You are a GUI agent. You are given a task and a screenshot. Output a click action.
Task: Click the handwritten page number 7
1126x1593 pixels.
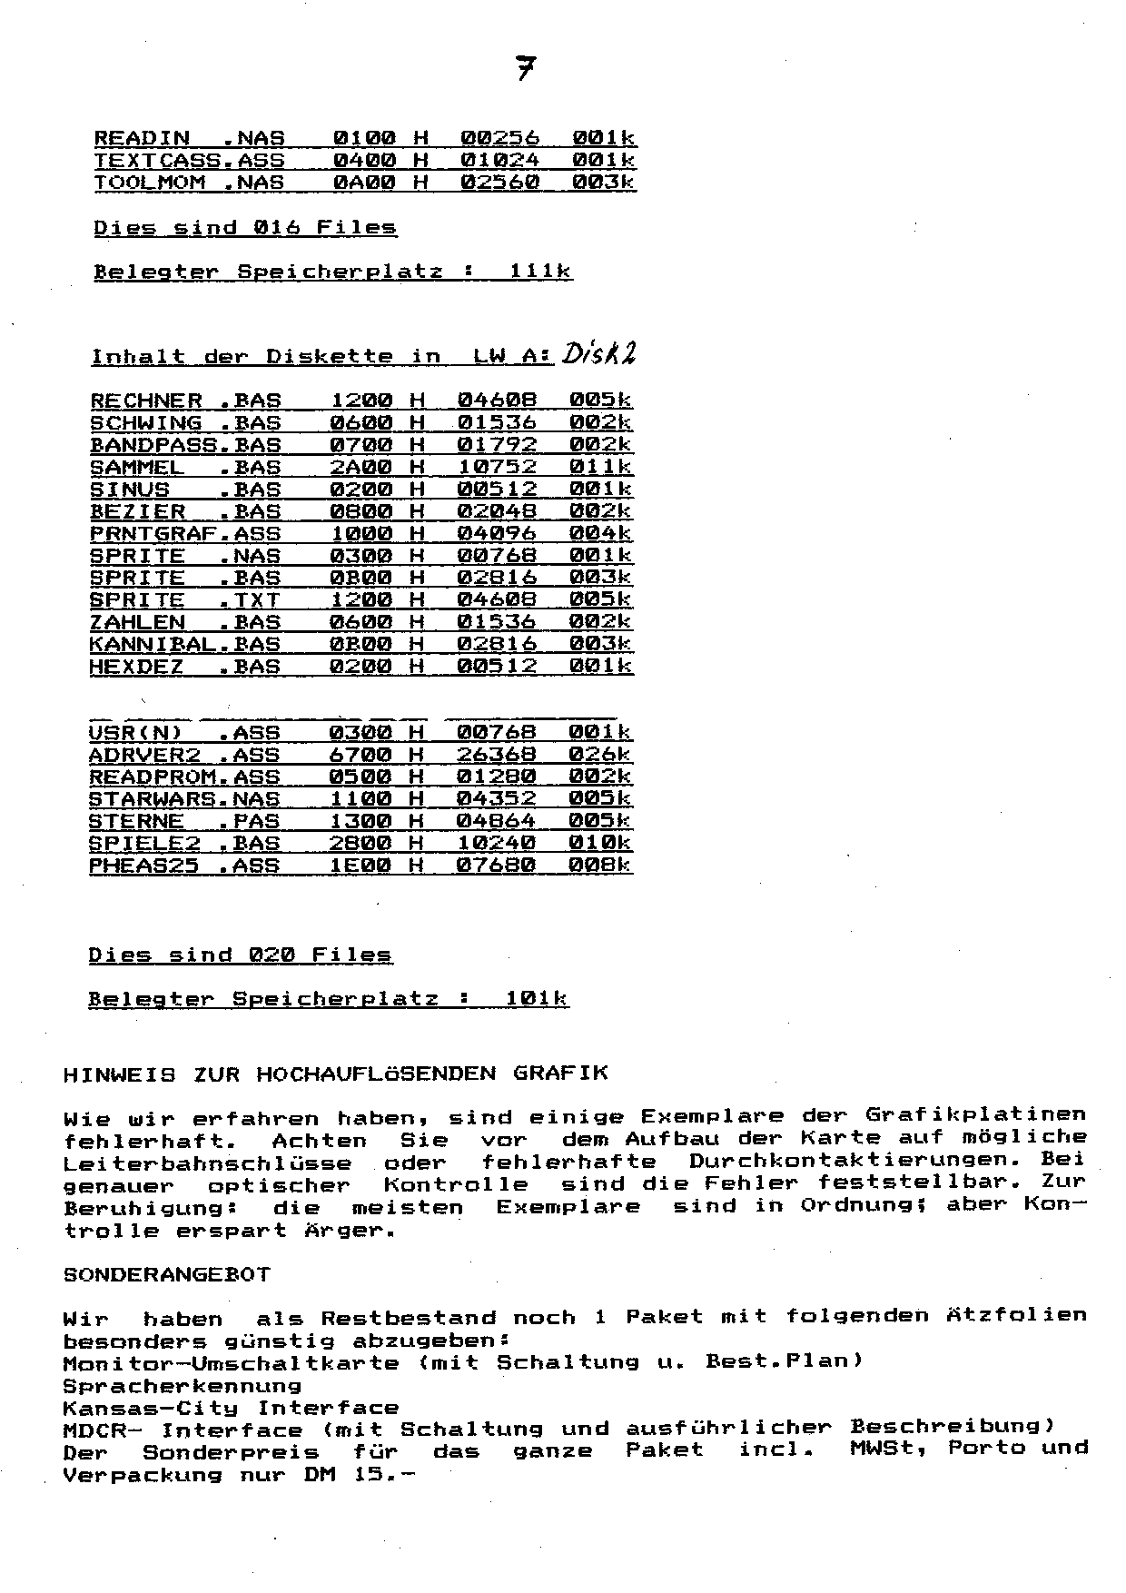pos(525,67)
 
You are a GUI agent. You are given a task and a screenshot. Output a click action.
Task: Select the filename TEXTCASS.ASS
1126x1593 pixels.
pos(189,161)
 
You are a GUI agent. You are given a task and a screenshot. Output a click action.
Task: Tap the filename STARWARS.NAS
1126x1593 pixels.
pos(183,799)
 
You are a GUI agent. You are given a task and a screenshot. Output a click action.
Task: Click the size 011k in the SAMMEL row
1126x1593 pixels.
pos(600,468)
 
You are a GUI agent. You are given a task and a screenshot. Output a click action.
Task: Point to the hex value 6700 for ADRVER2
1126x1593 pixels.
pos(360,755)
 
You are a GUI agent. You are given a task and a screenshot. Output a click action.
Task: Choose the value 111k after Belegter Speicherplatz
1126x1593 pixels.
pos(540,272)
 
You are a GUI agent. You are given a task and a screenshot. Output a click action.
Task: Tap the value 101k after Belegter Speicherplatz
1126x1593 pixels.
pos(537,999)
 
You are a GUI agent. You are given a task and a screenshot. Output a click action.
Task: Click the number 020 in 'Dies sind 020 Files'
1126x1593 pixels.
pos(270,955)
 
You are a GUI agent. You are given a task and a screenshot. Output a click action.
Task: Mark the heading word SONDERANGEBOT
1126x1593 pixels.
pos(166,1274)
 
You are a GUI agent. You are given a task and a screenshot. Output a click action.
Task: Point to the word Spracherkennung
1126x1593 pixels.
pos(182,1387)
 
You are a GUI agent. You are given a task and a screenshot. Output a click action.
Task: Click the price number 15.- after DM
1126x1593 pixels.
pos(384,1475)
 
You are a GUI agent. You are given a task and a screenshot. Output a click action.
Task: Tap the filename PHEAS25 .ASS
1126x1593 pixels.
pos(183,866)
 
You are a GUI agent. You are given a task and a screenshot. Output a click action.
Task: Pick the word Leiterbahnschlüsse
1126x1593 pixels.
pos(207,1163)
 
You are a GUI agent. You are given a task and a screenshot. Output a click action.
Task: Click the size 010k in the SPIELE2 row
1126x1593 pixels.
pos(599,843)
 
